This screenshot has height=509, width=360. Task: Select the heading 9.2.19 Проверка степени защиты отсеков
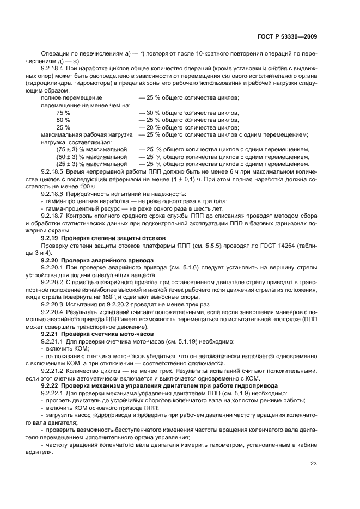(x=95, y=238)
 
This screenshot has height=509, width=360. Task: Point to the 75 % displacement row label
(x=63, y=112)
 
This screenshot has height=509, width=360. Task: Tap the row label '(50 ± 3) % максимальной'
(x=91, y=156)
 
